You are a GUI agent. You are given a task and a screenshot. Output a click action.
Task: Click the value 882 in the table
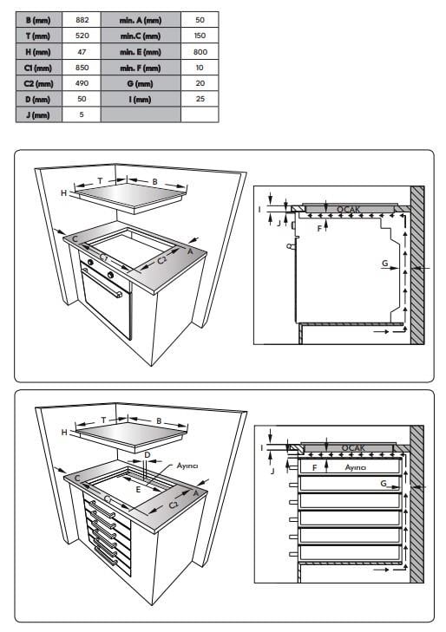pyautogui.click(x=82, y=20)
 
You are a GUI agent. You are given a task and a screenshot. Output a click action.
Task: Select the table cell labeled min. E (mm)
pyautogui.click(x=141, y=52)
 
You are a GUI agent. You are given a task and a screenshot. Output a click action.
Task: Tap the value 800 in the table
pyautogui.click(x=200, y=52)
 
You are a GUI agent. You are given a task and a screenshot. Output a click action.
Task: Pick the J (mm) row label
pyautogui.click(x=39, y=115)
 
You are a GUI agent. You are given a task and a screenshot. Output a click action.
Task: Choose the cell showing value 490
pyautogui.click(x=82, y=83)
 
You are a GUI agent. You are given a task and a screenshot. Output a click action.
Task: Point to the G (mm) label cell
pyautogui.click(x=141, y=83)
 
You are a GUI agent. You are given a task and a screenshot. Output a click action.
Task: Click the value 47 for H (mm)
pyautogui.click(x=82, y=52)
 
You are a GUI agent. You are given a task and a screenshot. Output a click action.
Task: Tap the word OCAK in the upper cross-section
pyautogui.click(x=349, y=209)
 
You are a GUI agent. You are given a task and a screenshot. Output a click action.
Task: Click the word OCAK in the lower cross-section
pyautogui.click(x=353, y=448)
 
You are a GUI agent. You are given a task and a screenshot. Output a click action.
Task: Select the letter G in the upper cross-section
pyautogui.click(x=385, y=264)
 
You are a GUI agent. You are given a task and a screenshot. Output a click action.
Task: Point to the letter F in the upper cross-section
pyautogui.click(x=319, y=229)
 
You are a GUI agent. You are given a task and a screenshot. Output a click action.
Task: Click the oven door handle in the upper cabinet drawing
pyautogui.click(x=102, y=283)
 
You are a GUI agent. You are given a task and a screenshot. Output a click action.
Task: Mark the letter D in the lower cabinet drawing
pyautogui.click(x=148, y=455)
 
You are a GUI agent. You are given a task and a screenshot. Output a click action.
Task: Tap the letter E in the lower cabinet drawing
pyautogui.click(x=138, y=490)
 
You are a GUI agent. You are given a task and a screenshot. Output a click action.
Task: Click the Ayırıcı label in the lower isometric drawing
pyautogui.click(x=187, y=466)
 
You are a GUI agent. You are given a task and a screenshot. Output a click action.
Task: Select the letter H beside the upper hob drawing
pyautogui.click(x=63, y=193)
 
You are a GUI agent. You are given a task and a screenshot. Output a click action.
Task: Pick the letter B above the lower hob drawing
pyautogui.click(x=159, y=421)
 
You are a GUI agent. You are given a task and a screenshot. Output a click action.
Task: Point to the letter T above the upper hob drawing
pyautogui.click(x=100, y=181)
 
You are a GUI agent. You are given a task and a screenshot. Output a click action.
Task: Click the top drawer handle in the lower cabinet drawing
pyautogui.click(x=102, y=509)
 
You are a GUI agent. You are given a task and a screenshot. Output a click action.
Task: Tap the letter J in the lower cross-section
pyautogui.click(x=272, y=471)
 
